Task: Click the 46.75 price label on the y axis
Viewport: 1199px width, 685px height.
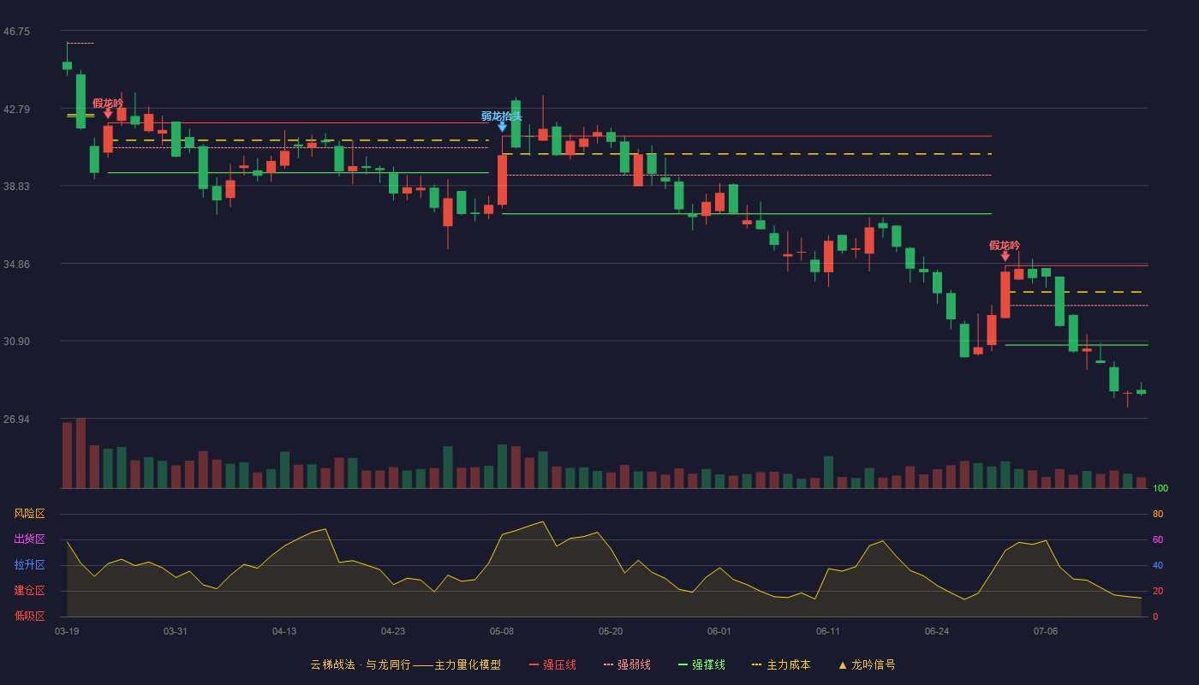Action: (16, 32)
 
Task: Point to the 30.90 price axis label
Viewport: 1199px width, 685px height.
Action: (16, 342)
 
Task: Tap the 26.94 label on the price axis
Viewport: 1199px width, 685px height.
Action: (16, 419)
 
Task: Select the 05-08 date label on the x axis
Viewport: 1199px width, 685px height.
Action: (502, 632)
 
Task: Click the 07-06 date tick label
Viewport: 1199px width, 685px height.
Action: (1046, 632)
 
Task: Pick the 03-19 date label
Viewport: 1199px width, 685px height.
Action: (67, 632)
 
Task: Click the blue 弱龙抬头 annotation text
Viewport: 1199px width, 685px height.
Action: (501, 116)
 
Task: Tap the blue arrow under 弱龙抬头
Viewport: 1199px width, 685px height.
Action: (502, 127)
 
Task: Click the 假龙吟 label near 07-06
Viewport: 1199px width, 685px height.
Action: (1005, 245)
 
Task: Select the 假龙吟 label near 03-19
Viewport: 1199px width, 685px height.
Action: (108, 104)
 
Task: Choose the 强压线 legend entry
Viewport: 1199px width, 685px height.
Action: (552, 664)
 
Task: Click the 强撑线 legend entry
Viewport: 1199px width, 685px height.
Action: (701, 664)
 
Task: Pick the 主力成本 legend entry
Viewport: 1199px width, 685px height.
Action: (781, 664)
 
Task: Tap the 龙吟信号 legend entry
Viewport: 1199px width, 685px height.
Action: (867, 664)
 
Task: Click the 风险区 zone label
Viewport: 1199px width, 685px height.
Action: (29, 514)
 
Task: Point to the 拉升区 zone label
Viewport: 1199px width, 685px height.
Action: (29, 564)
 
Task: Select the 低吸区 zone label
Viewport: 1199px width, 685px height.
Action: (29, 616)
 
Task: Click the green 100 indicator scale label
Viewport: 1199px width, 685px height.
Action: (1160, 488)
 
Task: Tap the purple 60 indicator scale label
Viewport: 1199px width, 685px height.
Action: (1158, 539)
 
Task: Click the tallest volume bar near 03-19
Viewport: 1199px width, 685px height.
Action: (81, 453)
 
